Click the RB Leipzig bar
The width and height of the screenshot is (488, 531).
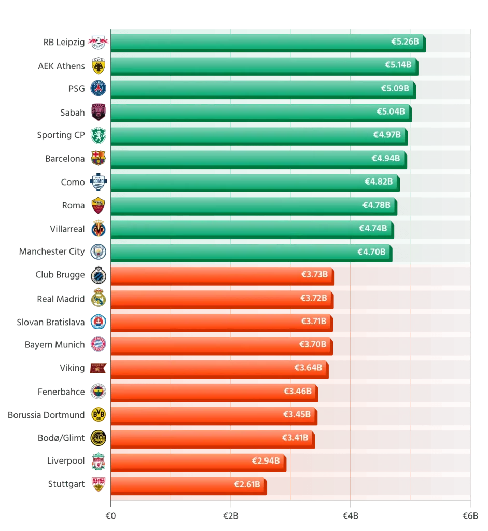(x=268, y=43)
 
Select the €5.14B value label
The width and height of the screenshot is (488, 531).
(x=398, y=65)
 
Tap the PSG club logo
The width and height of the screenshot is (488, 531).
(x=98, y=88)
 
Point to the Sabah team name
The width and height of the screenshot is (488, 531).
(x=73, y=113)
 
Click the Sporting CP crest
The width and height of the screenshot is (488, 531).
(x=98, y=135)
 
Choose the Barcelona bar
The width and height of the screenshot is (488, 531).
(x=259, y=160)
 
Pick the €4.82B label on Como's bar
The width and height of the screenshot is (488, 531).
(x=379, y=181)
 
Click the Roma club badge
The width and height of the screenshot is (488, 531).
(x=98, y=205)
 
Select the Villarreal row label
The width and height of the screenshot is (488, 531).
(x=67, y=229)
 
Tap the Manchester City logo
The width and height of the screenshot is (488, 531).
(x=98, y=252)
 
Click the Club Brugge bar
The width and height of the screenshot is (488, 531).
(x=222, y=276)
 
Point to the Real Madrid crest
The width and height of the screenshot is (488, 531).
(x=98, y=298)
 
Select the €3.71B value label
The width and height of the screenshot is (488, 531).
(x=314, y=321)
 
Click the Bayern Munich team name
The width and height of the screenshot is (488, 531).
(x=55, y=345)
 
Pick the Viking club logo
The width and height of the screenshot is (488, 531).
(x=98, y=368)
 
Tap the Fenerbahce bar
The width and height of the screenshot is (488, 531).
(x=214, y=393)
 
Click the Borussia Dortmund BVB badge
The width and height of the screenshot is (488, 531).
(x=98, y=414)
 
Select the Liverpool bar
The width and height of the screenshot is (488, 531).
(x=199, y=463)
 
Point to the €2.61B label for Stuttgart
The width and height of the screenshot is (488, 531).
(x=247, y=484)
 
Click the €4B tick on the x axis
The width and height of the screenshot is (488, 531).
(x=351, y=516)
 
